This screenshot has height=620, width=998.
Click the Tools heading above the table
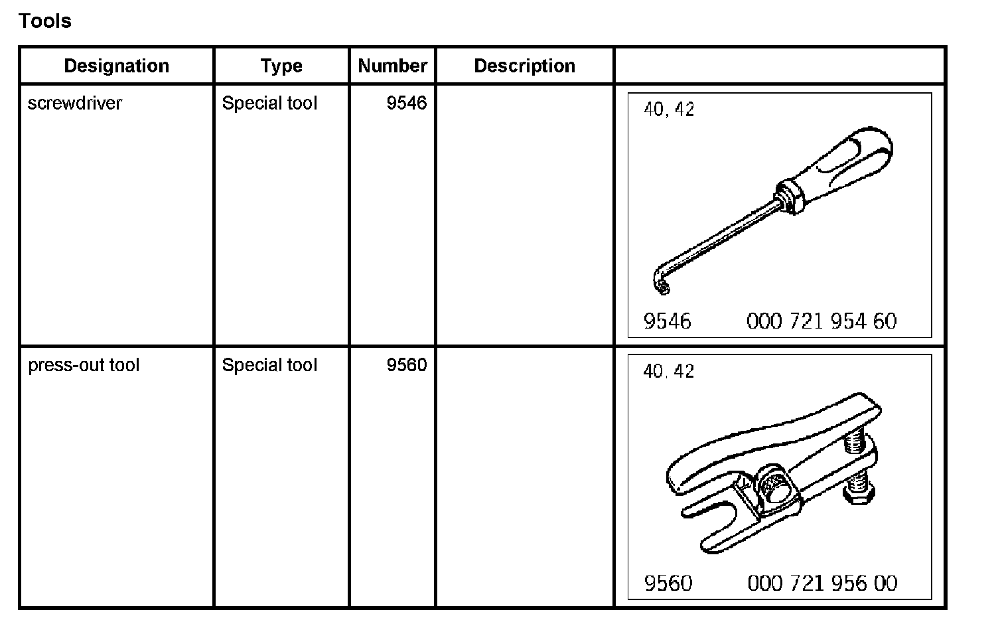[x=45, y=21]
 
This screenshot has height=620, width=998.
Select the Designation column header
[x=117, y=66]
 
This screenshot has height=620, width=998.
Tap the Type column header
[x=281, y=66]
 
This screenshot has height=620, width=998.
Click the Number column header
[x=392, y=66]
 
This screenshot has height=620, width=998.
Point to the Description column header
[x=524, y=66]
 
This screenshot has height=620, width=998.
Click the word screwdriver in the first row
[x=75, y=104]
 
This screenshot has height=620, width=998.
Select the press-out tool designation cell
[x=84, y=365]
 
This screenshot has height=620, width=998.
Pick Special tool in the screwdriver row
[x=269, y=104]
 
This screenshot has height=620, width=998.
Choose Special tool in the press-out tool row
[x=269, y=365]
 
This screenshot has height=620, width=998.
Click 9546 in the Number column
[x=407, y=104]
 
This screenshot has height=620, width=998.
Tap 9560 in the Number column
[x=407, y=365]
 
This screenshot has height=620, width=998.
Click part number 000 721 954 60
[x=821, y=322]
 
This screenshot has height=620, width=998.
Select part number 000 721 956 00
[x=822, y=583]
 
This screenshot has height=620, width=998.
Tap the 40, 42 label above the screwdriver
[x=669, y=109]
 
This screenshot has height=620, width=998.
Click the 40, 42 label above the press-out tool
[x=669, y=371]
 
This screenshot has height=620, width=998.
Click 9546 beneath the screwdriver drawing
[x=668, y=322]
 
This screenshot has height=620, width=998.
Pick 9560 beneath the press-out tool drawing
[x=668, y=583]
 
